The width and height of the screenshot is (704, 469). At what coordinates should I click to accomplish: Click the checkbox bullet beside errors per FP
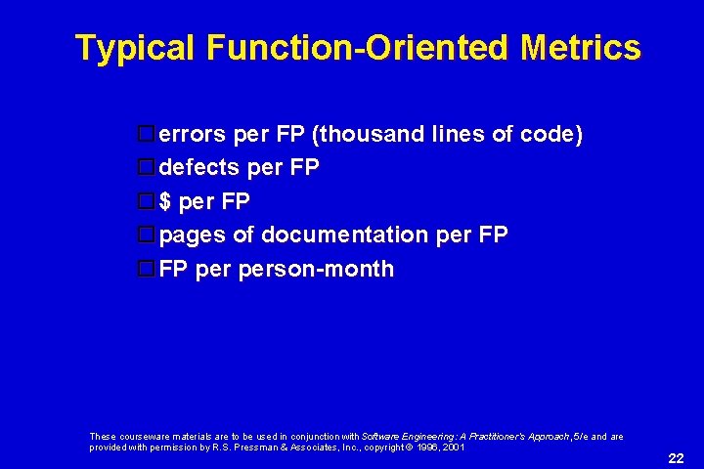click(x=146, y=135)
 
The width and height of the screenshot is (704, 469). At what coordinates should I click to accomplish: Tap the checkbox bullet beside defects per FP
click(x=146, y=168)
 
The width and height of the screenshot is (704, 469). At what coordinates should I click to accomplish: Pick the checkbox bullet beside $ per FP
click(x=146, y=201)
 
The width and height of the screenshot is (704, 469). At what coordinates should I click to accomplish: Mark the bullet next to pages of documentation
click(x=146, y=234)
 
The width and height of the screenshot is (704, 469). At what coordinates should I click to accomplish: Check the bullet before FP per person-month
click(x=146, y=269)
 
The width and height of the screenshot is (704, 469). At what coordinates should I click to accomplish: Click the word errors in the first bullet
click(x=190, y=135)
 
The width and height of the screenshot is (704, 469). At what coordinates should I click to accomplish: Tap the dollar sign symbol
click(x=165, y=201)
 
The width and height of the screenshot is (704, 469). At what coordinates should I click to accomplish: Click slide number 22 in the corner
click(x=676, y=458)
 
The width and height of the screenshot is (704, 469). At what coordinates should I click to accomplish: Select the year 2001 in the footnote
click(x=452, y=448)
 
